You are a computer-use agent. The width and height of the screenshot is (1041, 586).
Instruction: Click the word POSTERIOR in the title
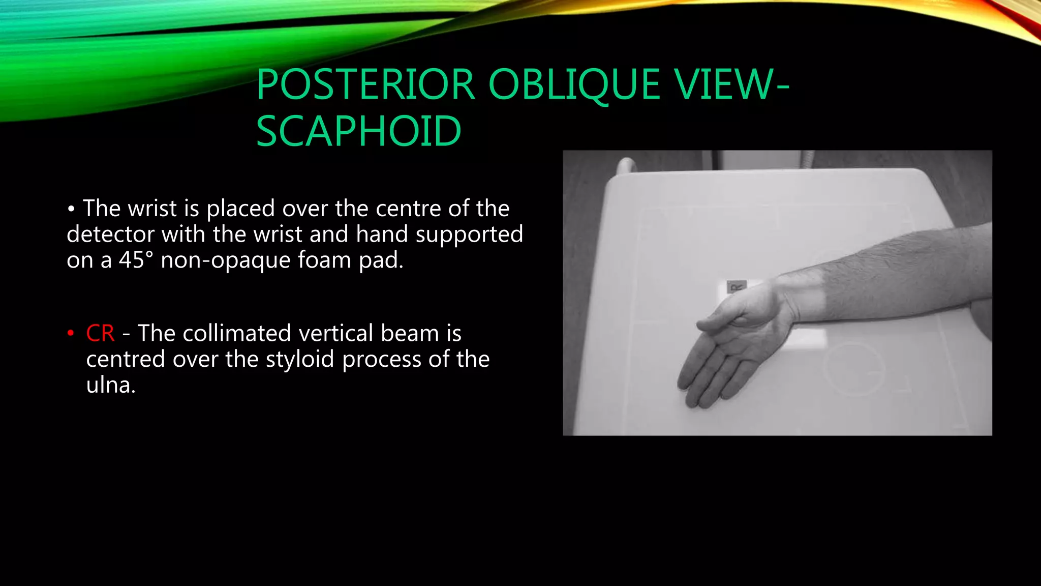(x=365, y=84)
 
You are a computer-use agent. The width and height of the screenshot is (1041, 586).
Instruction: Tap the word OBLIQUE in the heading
(x=574, y=84)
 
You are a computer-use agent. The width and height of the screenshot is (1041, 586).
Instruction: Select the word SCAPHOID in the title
(x=359, y=131)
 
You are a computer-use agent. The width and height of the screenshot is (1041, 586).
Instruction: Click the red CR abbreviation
(x=100, y=334)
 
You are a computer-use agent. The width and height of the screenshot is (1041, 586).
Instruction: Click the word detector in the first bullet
(x=110, y=235)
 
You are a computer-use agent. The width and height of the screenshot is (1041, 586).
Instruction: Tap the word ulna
(x=110, y=385)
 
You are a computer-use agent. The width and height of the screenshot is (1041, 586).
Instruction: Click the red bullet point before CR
(x=71, y=334)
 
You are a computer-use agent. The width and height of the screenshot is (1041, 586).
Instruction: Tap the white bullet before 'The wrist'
(x=71, y=209)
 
